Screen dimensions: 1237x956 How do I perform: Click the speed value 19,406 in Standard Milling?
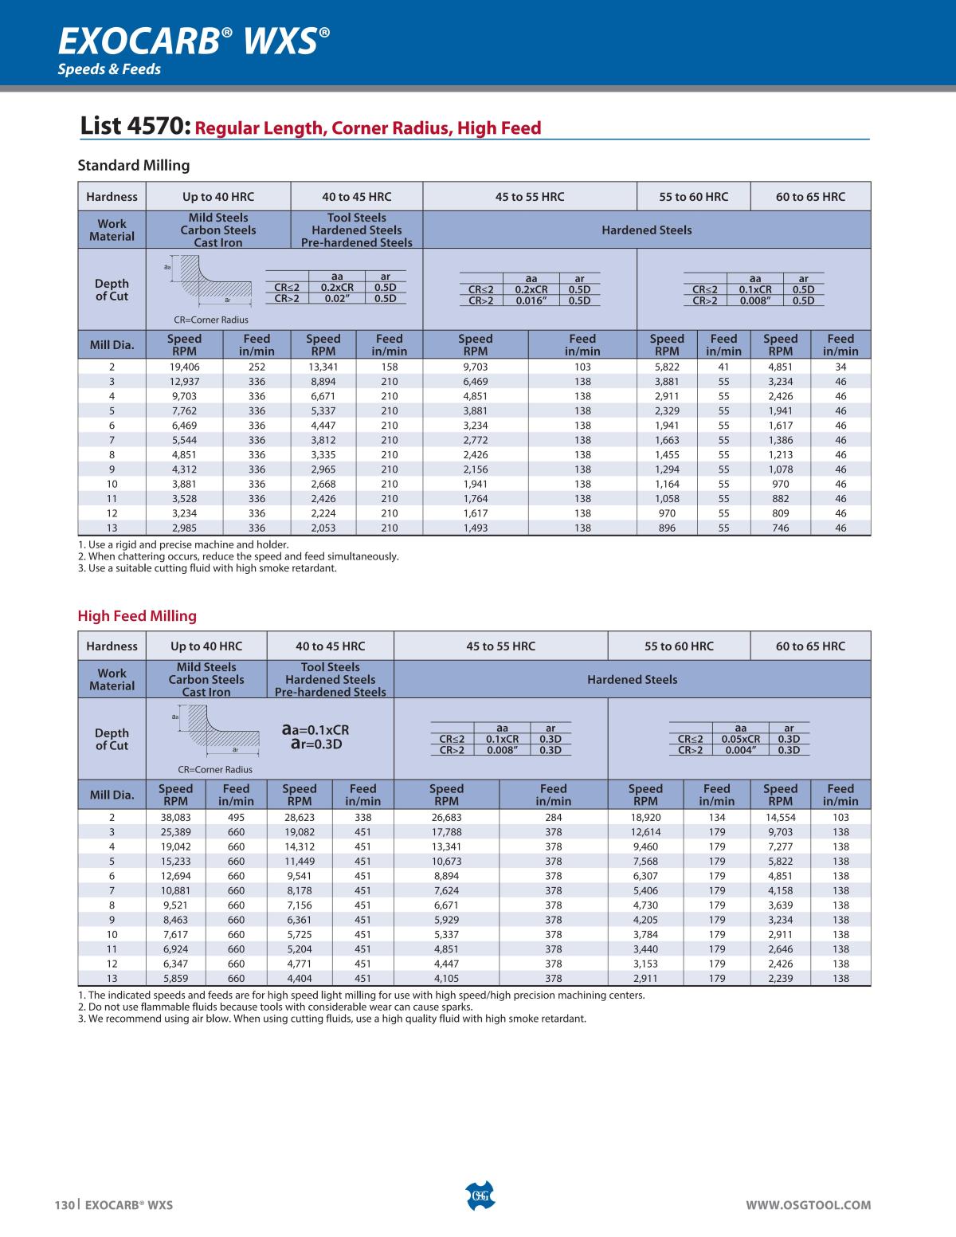(184, 367)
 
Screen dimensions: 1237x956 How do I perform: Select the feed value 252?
(257, 367)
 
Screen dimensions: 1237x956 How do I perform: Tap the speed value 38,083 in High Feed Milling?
(175, 817)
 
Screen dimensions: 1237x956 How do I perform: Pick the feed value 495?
(236, 817)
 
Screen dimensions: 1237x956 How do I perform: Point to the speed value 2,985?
(184, 528)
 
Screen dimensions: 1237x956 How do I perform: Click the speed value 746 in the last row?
(780, 528)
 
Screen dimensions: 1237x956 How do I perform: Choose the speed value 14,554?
(780, 817)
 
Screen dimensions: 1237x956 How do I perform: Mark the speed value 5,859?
(175, 978)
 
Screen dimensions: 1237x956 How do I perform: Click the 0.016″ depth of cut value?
(531, 300)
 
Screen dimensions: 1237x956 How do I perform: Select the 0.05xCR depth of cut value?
(740, 739)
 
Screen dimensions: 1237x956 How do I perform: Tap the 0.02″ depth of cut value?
(337, 298)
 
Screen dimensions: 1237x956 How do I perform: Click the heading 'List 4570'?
(135, 127)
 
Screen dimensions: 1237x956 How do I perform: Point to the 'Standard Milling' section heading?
(133, 166)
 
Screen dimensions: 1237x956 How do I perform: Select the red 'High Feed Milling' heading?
(136, 616)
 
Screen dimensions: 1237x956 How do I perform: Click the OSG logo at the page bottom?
(479, 1195)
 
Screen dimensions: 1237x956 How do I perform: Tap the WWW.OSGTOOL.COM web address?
(808, 1205)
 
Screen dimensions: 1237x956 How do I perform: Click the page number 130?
(64, 1205)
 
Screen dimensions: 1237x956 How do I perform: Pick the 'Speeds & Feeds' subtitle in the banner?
(108, 69)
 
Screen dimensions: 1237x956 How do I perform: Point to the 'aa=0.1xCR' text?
(315, 729)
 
